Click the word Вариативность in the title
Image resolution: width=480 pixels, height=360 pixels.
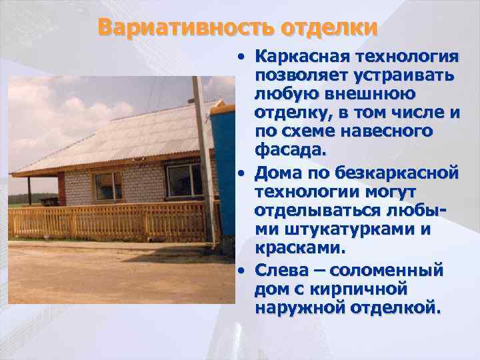pos(183,28)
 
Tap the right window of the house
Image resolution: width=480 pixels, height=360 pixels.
pos(184,180)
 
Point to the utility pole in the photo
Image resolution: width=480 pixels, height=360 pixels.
pos(204,160)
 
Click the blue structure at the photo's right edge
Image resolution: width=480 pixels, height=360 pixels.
pos(227,167)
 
